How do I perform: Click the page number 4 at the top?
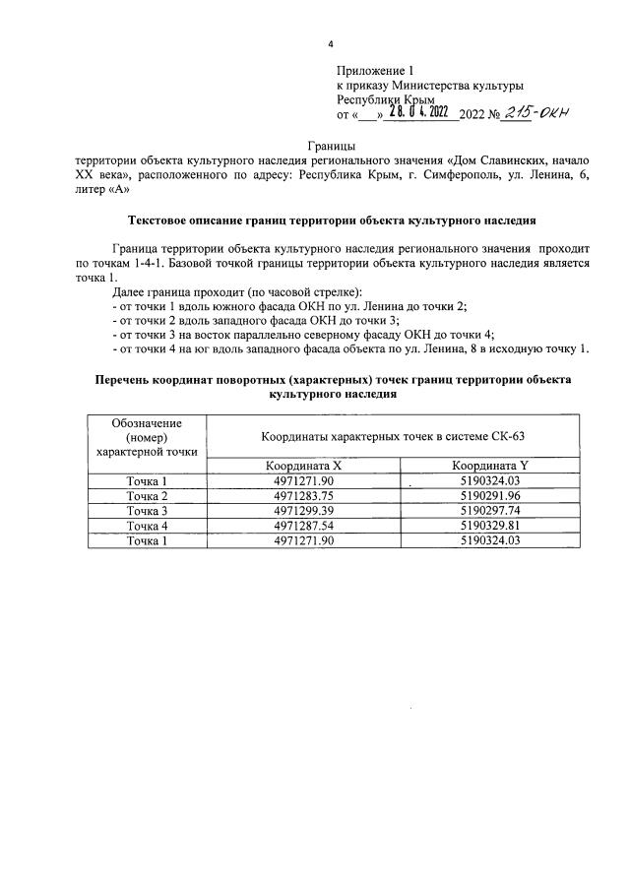331,44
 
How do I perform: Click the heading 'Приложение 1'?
373,71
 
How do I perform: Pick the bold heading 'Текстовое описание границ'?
334,220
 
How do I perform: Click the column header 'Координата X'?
302,466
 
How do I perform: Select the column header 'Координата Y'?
489,466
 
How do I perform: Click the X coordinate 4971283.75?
302,495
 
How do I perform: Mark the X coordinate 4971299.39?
302,511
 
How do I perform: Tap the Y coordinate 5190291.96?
489,495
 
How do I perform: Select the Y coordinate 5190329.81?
489,526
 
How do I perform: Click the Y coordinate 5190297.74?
489,511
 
